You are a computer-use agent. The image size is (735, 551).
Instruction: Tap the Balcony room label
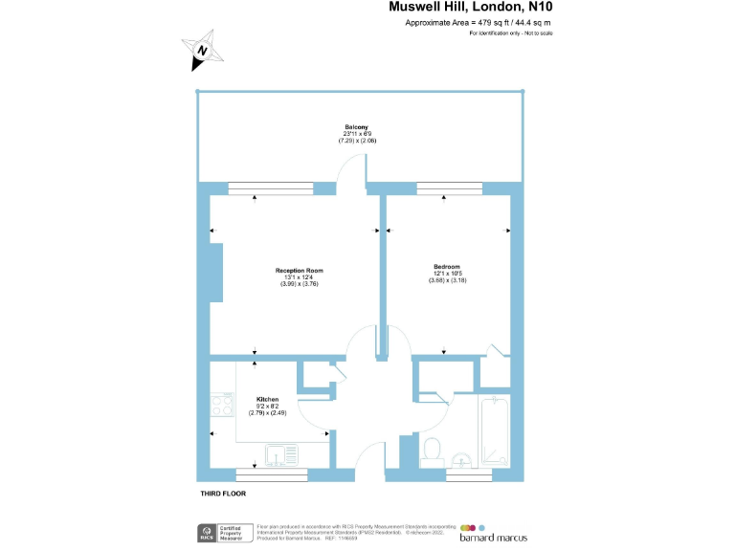point(352,128)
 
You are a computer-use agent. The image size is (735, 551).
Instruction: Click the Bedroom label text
point(446,267)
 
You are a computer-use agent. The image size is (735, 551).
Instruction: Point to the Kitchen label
point(267,399)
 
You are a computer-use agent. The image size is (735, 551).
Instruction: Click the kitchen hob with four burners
point(222,407)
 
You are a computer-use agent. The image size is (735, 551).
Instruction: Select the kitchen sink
point(283,455)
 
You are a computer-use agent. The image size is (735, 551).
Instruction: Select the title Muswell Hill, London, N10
point(471,7)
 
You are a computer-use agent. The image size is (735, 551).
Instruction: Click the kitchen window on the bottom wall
point(272,474)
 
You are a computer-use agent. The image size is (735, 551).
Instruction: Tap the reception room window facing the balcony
point(270,187)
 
